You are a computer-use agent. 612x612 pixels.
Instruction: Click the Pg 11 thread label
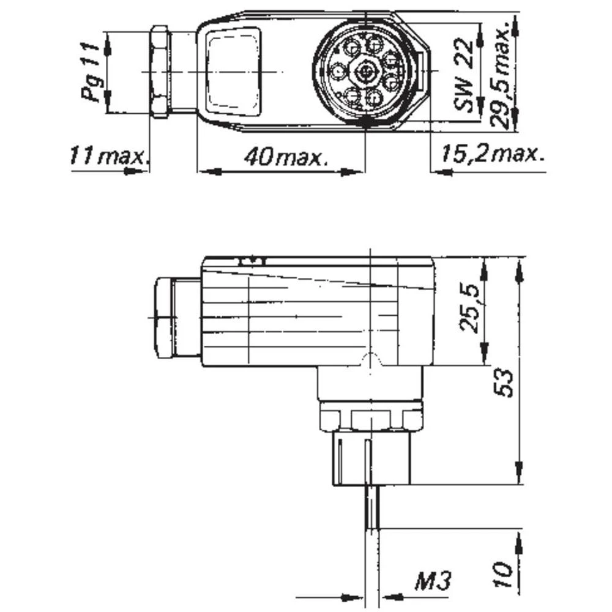click(x=91, y=71)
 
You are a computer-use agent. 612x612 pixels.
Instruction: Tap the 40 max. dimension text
click(x=285, y=157)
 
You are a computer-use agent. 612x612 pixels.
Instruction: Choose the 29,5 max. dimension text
click(x=502, y=77)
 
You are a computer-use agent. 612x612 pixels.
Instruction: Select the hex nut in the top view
click(x=160, y=71)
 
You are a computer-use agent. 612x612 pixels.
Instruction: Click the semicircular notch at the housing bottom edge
click(x=371, y=361)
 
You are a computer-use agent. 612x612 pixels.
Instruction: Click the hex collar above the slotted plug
click(x=371, y=419)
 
